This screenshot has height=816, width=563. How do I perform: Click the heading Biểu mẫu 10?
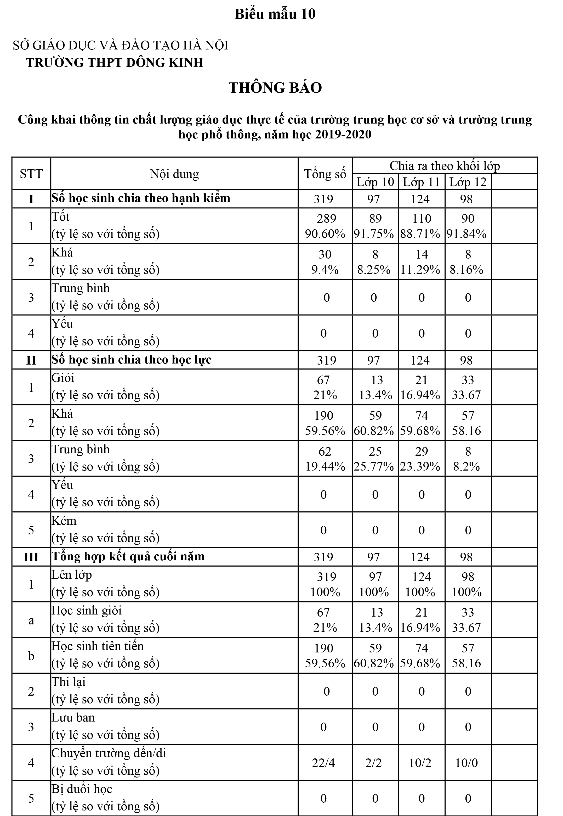(275, 14)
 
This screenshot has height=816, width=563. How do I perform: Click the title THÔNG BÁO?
(275, 87)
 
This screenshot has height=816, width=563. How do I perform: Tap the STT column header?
(31, 174)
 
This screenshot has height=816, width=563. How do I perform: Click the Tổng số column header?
(325, 174)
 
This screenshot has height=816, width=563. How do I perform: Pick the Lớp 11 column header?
(422, 182)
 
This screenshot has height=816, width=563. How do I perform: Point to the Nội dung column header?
(174, 174)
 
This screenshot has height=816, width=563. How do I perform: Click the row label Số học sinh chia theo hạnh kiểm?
(141, 198)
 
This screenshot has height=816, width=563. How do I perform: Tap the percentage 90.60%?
(325, 234)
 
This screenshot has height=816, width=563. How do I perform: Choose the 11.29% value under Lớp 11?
(420, 270)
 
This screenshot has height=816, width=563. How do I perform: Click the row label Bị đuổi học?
(82, 789)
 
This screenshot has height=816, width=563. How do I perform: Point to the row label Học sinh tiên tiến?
(98, 646)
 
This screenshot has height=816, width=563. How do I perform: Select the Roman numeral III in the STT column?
(31, 557)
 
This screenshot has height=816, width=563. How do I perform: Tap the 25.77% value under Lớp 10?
(374, 467)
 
